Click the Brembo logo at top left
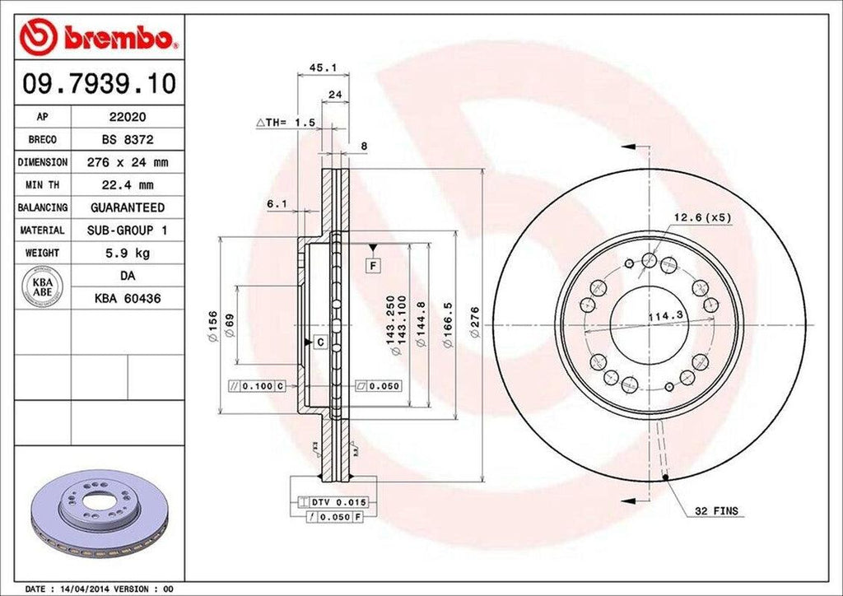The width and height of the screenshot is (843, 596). (99, 38)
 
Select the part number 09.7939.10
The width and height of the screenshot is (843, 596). (99, 84)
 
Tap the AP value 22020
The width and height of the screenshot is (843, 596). (127, 118)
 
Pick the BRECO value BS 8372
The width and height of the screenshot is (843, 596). (127, 140)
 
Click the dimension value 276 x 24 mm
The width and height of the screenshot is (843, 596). (127, 162)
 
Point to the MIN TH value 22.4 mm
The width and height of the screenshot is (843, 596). (127, 185)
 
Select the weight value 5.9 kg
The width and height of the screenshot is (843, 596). (127, 253)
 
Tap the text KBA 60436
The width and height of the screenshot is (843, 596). (127, 298)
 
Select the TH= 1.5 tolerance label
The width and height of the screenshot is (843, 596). (286, 123)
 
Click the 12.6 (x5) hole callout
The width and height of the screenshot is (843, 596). (702, 217)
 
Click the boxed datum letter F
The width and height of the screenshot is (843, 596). (373, 266)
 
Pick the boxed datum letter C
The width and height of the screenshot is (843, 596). (319, 341)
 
